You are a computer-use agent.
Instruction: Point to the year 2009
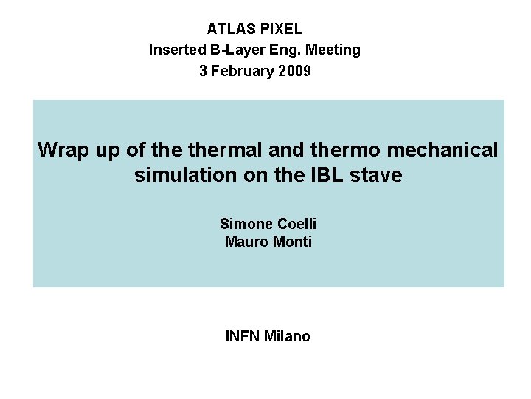click(x=296, y=72)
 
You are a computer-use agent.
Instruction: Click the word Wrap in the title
click(x=62, y=150)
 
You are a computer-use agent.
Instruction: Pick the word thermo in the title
click(x=345, y=150)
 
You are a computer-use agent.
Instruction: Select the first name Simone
click(x=246, y=223)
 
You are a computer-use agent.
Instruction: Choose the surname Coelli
click(x=297, y=223)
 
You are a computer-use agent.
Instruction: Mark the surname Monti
click(x=291, y=242)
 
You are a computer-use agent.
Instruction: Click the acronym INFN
click(x=242, y=337)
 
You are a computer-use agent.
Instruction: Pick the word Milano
click(x=287, y=337)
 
